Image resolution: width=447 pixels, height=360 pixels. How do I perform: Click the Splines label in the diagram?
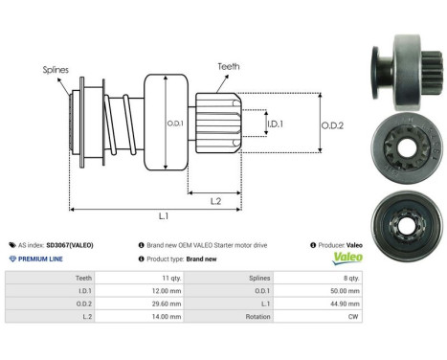[56, 69]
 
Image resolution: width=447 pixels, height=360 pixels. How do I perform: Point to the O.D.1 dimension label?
[173, 122]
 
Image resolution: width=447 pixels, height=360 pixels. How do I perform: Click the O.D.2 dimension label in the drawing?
[332, 123]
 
